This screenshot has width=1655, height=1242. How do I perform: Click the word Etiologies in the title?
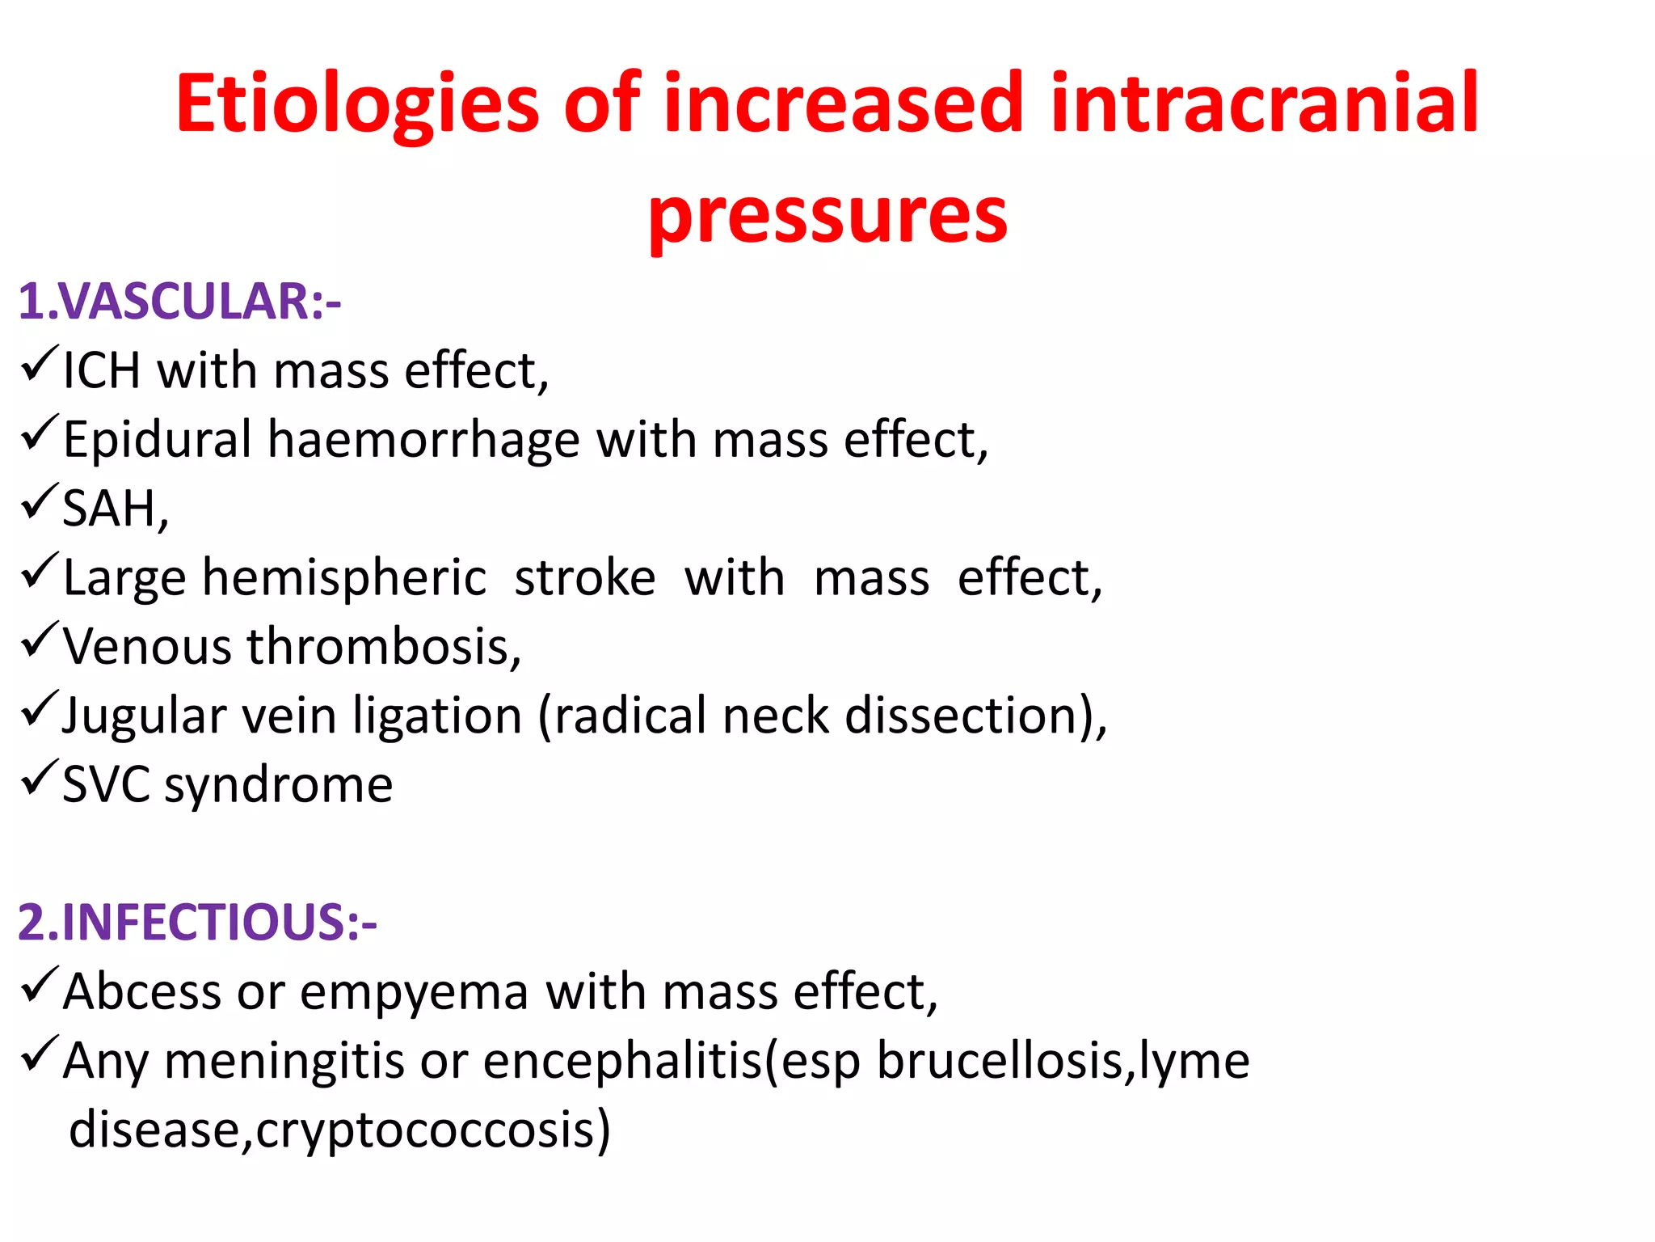point(356,105)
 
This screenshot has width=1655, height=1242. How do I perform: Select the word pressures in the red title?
point(827,216)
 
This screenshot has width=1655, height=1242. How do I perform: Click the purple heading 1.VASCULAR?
point(179,302)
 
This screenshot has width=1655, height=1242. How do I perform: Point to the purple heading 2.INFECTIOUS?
point(197,922)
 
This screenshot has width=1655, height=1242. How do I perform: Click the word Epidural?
point(158,441)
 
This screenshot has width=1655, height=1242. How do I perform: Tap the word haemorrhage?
point(423,440)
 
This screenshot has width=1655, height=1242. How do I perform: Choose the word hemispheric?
point(344,579)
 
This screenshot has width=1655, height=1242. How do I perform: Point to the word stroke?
point(584,579)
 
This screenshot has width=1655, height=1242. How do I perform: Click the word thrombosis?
point(384,647)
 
